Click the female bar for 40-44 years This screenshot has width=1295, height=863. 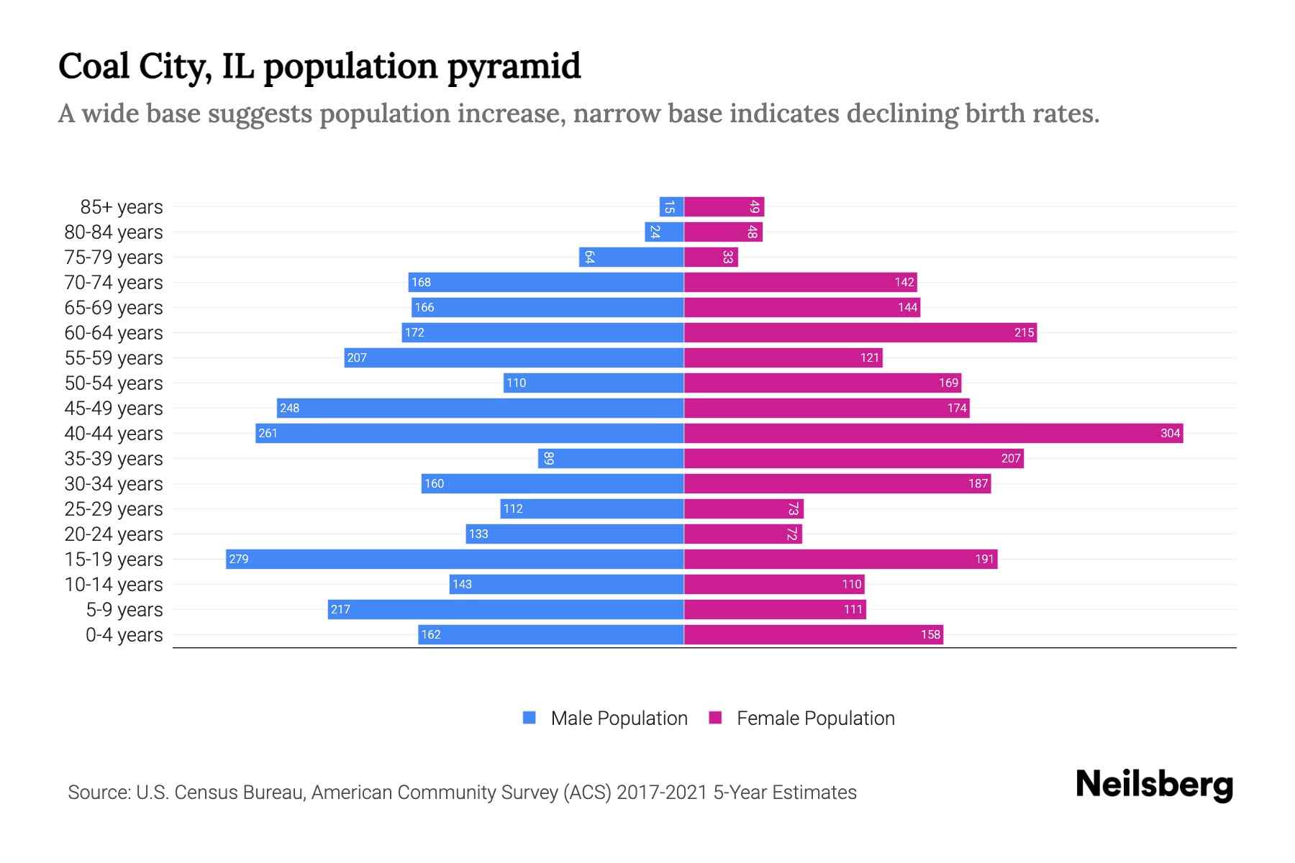click(x=933, y=433)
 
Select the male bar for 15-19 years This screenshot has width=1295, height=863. click(x=455, y=559)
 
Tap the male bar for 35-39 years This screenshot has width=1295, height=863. click(x=611, y=458)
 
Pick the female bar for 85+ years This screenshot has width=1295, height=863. click(x=724, y=206)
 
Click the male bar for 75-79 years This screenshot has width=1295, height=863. click(x=631, y=257)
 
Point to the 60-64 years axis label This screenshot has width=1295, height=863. click(x=114, y=333)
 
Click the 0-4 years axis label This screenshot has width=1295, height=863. click(x=124, y=635)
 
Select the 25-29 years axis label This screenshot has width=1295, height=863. click(x=114, y=509)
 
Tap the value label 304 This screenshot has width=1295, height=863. click(x=1170, y=433)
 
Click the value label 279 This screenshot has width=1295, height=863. click(x=239, y=559)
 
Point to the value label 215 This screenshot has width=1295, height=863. click(x=1024, y=332)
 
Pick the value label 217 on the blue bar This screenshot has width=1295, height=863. click(x=340, y=609)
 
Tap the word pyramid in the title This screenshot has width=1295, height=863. click(x=514, y=66)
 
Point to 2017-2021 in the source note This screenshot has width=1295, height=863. click(x=661, y=793)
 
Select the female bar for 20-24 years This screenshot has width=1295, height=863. click(x=742, y=534)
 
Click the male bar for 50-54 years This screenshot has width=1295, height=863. click(x=594, y=383)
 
